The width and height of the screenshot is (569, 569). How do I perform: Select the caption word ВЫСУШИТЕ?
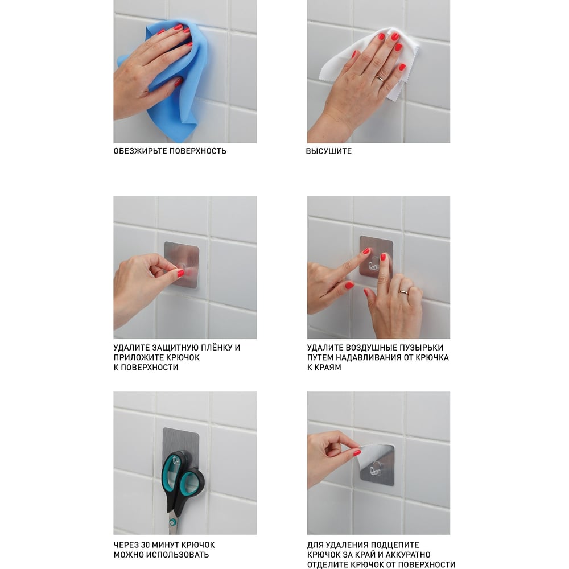329,151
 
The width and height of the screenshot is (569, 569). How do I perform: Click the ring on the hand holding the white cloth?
380,77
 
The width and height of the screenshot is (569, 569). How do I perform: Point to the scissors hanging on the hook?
183,490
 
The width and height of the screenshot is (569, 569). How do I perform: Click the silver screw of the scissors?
173,522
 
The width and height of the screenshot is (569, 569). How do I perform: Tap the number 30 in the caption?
145,545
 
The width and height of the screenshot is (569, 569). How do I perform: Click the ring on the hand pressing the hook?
404,291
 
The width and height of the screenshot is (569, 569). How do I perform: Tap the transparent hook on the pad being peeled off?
376,469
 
